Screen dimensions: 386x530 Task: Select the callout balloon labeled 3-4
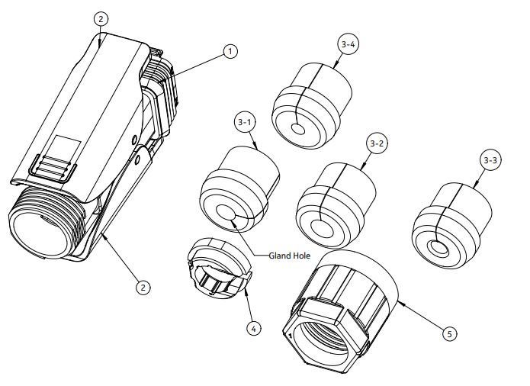[348, 45]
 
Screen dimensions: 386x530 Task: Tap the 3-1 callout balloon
[245, 121]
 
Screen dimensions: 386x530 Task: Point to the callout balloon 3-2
[377, 143]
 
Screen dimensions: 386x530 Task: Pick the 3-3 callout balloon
[492, 161]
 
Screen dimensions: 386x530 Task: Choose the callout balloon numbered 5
[451, 333]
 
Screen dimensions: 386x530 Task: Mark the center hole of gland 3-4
[298, 130]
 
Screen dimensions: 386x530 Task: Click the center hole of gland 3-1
[226, 213]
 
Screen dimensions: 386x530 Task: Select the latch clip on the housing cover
[56, 166]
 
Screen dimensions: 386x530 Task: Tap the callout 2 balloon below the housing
[142, 287]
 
